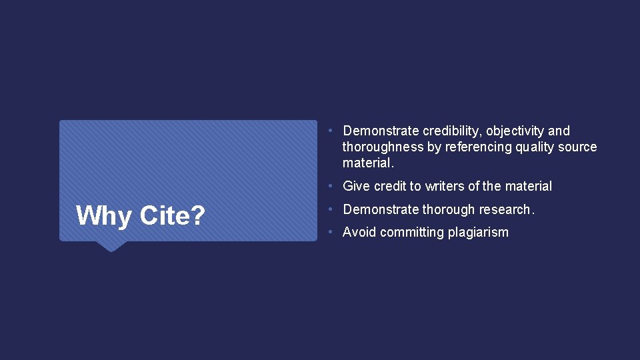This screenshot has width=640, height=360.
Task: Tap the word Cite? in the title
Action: point(171,215)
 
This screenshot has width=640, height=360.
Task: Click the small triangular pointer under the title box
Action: point(111,246)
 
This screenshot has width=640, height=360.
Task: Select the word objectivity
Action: point(515,131)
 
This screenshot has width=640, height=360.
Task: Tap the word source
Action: point(579,147)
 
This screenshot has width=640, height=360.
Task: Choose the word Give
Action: point(357,187)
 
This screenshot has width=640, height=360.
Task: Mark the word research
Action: point(506,210)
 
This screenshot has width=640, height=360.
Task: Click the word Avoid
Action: point(359,233)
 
